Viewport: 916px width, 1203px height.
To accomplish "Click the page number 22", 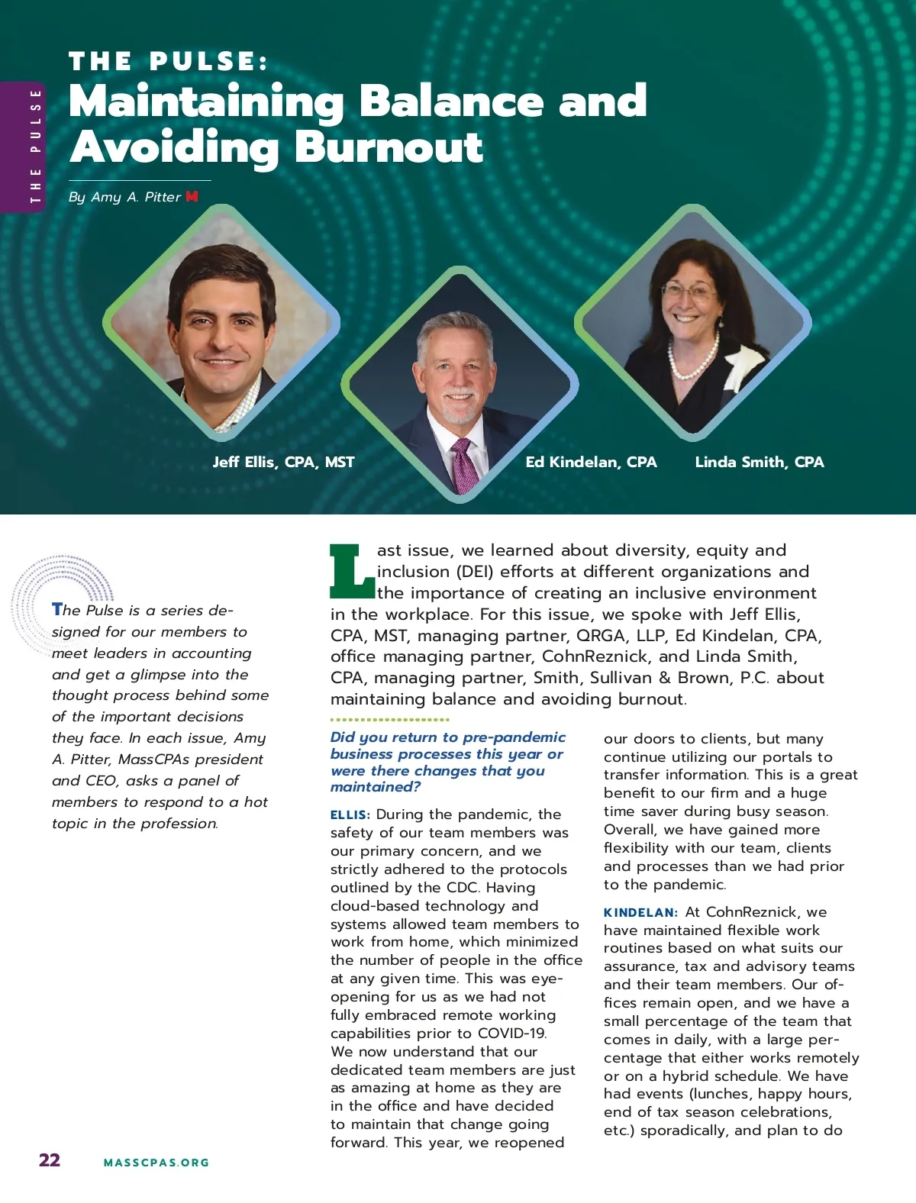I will point(50,1160).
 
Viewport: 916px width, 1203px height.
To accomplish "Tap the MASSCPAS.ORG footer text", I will point(156,1163).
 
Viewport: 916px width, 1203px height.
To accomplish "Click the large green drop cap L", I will point(352,571).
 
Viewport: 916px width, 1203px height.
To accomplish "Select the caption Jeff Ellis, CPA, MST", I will point(283,462).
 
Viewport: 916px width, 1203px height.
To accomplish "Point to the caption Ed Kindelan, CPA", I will point(591,462).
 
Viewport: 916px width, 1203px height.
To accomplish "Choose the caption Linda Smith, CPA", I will point(760,462).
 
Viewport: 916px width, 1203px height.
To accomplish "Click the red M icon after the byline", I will point(192,196).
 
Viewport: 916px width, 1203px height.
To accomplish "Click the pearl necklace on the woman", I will point(693,359).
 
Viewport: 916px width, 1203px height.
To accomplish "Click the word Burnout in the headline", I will point(389,147).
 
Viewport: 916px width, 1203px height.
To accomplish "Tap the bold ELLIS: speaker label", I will point(350,815).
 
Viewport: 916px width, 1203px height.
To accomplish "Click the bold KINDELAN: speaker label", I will point(640,913).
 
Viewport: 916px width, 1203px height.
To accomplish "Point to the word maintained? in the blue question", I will point(376,787).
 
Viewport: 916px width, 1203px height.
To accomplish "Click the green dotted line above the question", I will point(389,719).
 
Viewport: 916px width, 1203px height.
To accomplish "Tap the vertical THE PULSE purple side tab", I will point(35,146).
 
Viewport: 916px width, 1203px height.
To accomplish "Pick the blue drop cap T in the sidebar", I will point(57,609).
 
